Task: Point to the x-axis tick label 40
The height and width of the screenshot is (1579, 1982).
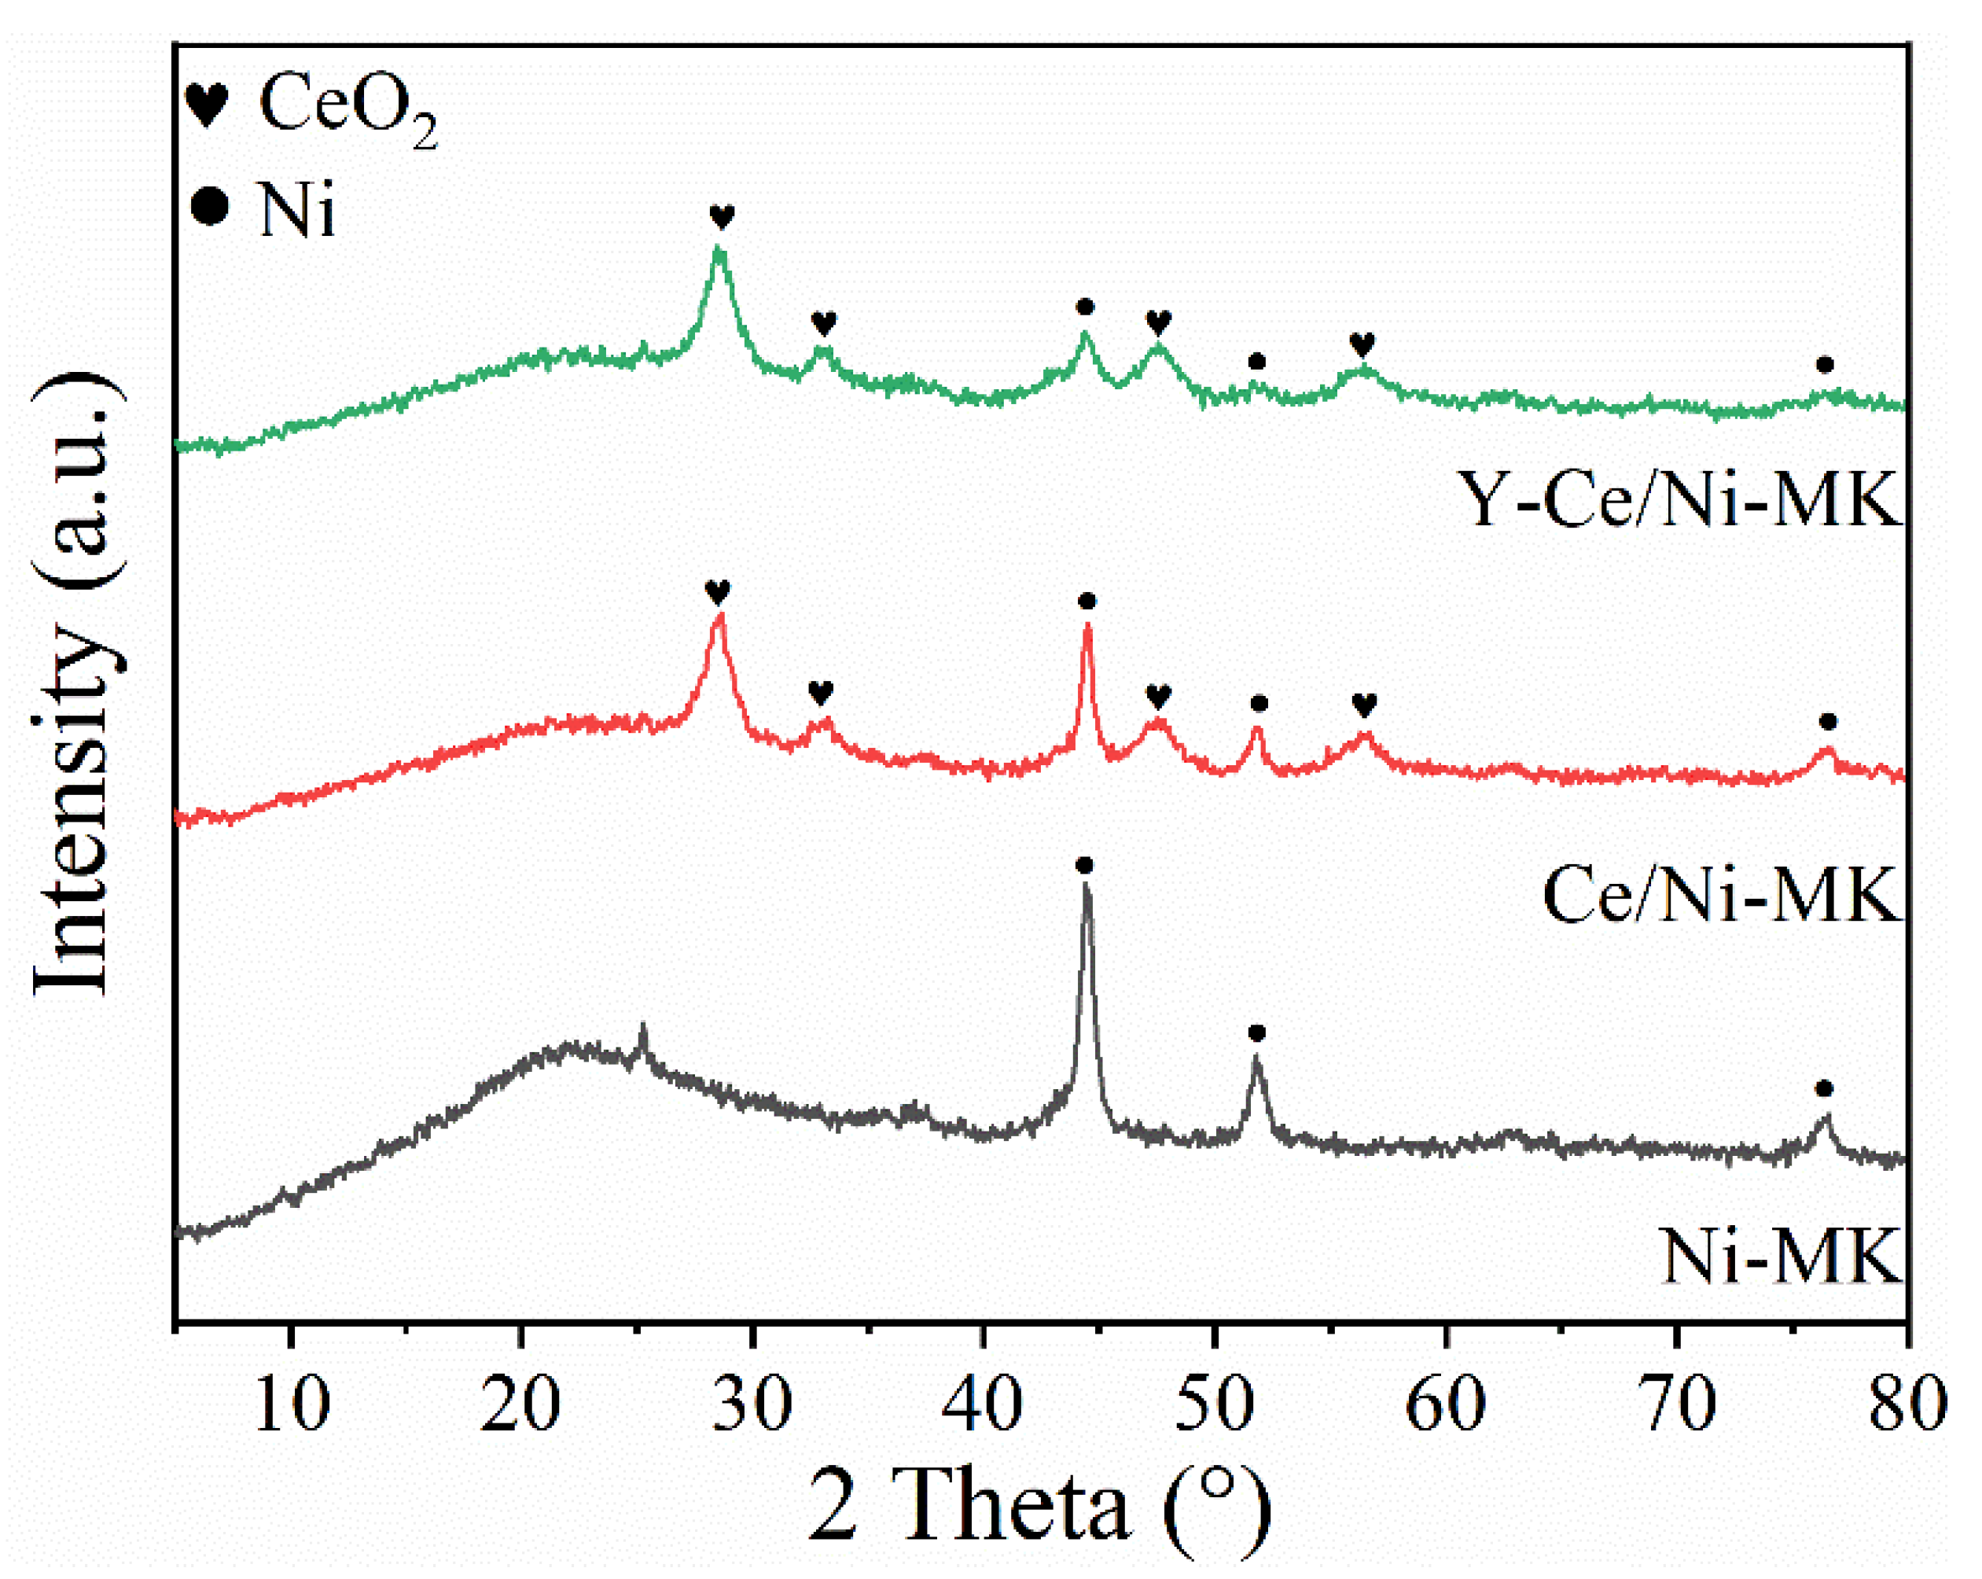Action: (x=984, y=1405)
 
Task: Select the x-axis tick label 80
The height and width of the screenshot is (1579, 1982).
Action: (x=1907, y=1405)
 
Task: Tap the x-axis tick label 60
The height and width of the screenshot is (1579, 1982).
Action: (x=1446, y=1405)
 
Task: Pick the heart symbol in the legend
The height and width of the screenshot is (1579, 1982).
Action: (x=207, y=104)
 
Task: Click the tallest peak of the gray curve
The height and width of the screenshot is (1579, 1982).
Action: (x=1086, y=884)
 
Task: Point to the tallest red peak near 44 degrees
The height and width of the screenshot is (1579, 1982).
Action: (x=1087, y=625)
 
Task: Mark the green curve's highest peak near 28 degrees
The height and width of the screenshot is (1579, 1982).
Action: (x=720, y=248)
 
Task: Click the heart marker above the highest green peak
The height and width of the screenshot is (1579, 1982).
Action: (x=722, y=217)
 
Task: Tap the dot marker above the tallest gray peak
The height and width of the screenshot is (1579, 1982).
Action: (x=1085, y=864)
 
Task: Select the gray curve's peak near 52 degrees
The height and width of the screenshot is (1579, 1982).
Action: (x=1256, y=1059)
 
